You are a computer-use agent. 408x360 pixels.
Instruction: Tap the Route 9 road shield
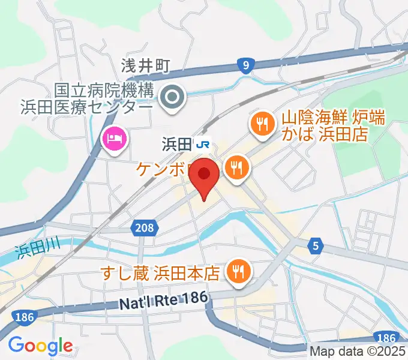coord(244,66)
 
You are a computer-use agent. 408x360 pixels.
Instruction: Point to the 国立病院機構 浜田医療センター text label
coord(104,99)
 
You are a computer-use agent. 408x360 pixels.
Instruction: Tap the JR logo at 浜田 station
coord(204,144)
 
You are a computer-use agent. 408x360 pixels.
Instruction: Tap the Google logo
coord(40,346)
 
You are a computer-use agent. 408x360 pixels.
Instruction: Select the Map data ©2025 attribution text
coord(358,352)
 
